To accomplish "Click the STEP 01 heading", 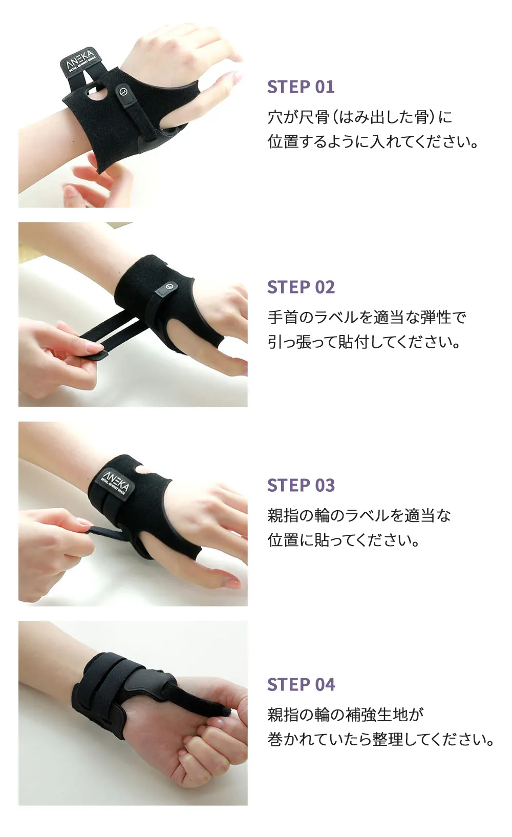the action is (x=301, y=87).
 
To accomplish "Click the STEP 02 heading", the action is (x=301, y=287).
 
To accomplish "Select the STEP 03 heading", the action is (x=301, y=485).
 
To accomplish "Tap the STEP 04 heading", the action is (x=301, y=684).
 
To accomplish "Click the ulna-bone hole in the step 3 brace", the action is (x=143, y=469).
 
